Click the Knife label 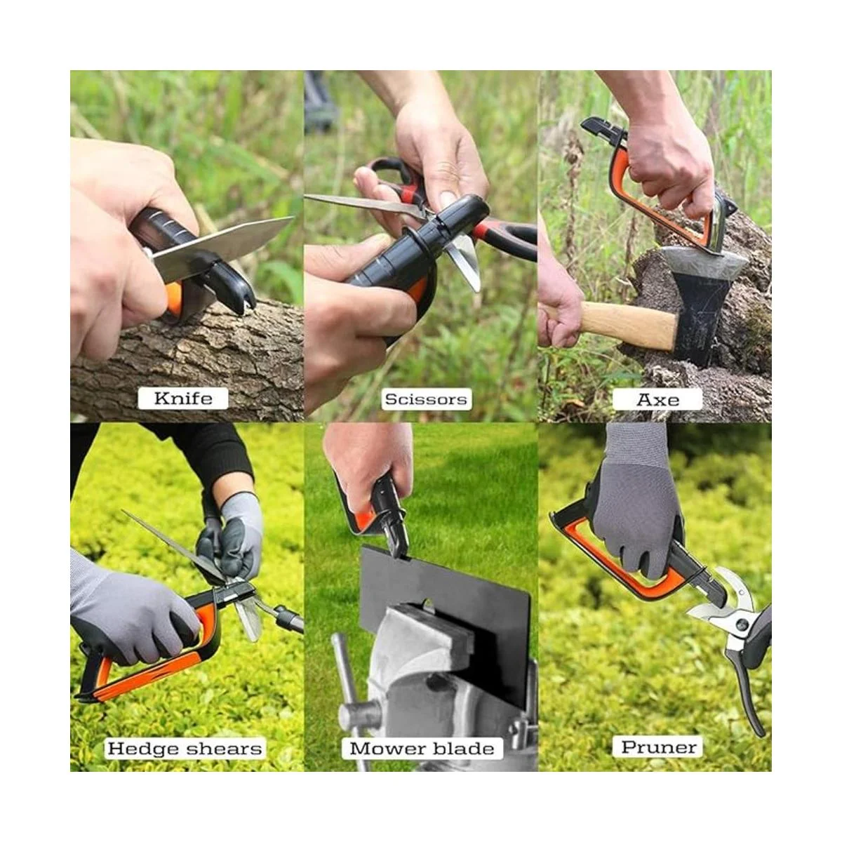183,398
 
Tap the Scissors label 426,399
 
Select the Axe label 657,399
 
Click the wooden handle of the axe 620,324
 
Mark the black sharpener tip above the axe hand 603,127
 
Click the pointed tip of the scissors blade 306,196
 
